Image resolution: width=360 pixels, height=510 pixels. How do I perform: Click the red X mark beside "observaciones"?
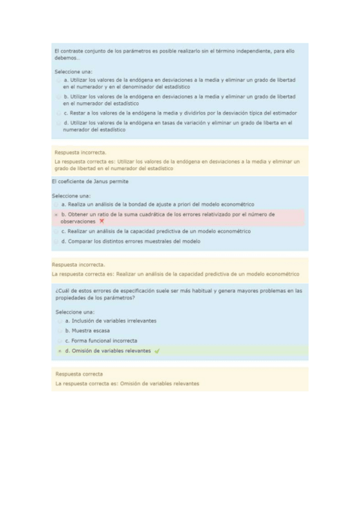tap(102, 221)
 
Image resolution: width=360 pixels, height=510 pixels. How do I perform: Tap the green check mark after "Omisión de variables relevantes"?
tap(157, 351)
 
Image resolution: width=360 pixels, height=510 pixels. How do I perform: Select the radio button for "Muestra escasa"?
tap(59, 331)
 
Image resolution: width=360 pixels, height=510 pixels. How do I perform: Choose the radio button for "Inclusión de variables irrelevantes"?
tap(59, 321)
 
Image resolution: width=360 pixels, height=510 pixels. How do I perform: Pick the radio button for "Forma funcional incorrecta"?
tap(59, 341)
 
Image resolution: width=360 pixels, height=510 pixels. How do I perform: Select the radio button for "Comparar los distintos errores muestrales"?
tap(56, 241)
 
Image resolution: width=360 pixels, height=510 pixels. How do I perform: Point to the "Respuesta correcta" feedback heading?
tap(79, 374)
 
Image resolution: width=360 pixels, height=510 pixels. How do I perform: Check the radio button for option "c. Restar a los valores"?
tap(58, 112)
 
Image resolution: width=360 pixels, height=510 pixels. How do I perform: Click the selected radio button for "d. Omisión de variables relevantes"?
tap(59, 351)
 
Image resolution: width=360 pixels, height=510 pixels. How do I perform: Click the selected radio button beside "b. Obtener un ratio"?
tap(56, 214)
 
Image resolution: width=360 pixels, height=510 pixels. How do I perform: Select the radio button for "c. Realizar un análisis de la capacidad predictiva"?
tap(56, 231)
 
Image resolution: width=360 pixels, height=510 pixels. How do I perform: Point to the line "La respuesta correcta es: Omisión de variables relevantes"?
tap(127, 383)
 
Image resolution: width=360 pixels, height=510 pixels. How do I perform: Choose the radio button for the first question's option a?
tap(58, 80)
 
